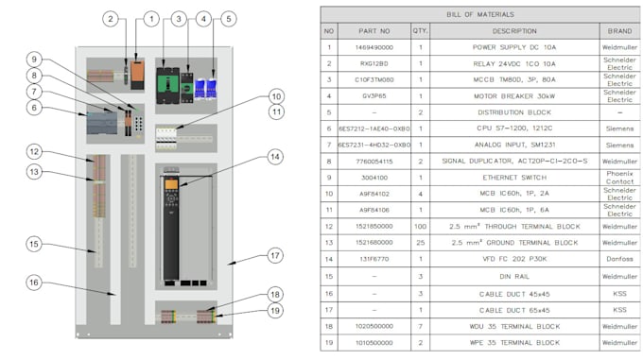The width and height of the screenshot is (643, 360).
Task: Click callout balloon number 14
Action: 275,156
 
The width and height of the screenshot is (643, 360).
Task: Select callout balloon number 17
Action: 275,255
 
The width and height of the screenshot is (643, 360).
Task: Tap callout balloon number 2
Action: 111,19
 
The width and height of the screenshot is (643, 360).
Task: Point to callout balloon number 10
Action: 275,96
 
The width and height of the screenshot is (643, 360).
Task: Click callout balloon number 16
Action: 33,282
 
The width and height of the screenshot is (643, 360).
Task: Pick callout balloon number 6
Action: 33,109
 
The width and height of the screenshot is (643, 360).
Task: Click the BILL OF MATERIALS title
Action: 480,15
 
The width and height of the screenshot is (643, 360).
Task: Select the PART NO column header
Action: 374,31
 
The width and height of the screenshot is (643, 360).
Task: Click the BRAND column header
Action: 619,31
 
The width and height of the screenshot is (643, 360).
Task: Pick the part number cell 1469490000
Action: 374,46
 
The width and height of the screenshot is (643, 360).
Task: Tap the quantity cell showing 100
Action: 420,227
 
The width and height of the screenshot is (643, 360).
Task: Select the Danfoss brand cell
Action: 619,258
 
